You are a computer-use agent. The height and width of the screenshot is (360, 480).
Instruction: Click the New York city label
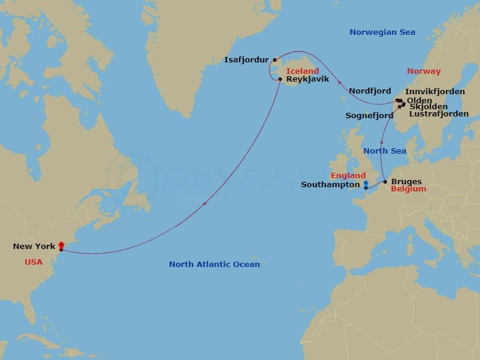(x=34, y=247)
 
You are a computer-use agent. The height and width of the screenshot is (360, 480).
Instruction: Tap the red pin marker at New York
(x=61, y=245)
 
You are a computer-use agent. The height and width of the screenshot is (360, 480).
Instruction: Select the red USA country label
(x=34, y=262)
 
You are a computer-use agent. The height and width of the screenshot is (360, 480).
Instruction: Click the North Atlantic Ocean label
(x=214, y=265)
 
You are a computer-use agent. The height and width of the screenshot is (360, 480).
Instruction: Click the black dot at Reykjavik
(x=280, y=79)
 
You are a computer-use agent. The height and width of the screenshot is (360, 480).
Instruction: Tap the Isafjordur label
(x=246, y=60)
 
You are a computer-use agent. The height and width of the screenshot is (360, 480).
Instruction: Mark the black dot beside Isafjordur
(x=275, y=59)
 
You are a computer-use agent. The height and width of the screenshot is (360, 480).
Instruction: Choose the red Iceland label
(x=302, y=71)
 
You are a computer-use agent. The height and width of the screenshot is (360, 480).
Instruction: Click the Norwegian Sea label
(x=382, y=32)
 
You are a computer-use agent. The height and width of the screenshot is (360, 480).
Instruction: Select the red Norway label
(x=424, y=71)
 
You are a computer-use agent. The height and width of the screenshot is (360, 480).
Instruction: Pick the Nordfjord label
(x=370, y=91)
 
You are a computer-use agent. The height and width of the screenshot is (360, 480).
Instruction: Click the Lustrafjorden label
(x=439, y=114)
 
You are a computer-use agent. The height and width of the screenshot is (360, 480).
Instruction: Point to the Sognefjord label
(x=370, y=115)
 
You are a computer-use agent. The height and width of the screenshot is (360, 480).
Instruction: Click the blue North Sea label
(x=385, y=151)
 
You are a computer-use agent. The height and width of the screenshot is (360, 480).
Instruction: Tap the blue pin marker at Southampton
(x=365, y=184)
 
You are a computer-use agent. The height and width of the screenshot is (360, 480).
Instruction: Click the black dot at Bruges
(x=385, y=181)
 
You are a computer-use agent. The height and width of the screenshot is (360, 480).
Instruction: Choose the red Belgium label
(x=408, y=189)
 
